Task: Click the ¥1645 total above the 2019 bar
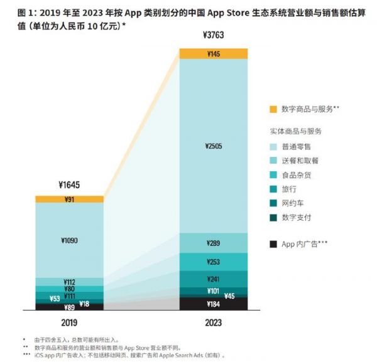[x=69, y=186]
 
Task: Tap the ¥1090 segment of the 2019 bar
[x=69, y=240]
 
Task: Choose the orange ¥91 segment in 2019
[x=69, y=200]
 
